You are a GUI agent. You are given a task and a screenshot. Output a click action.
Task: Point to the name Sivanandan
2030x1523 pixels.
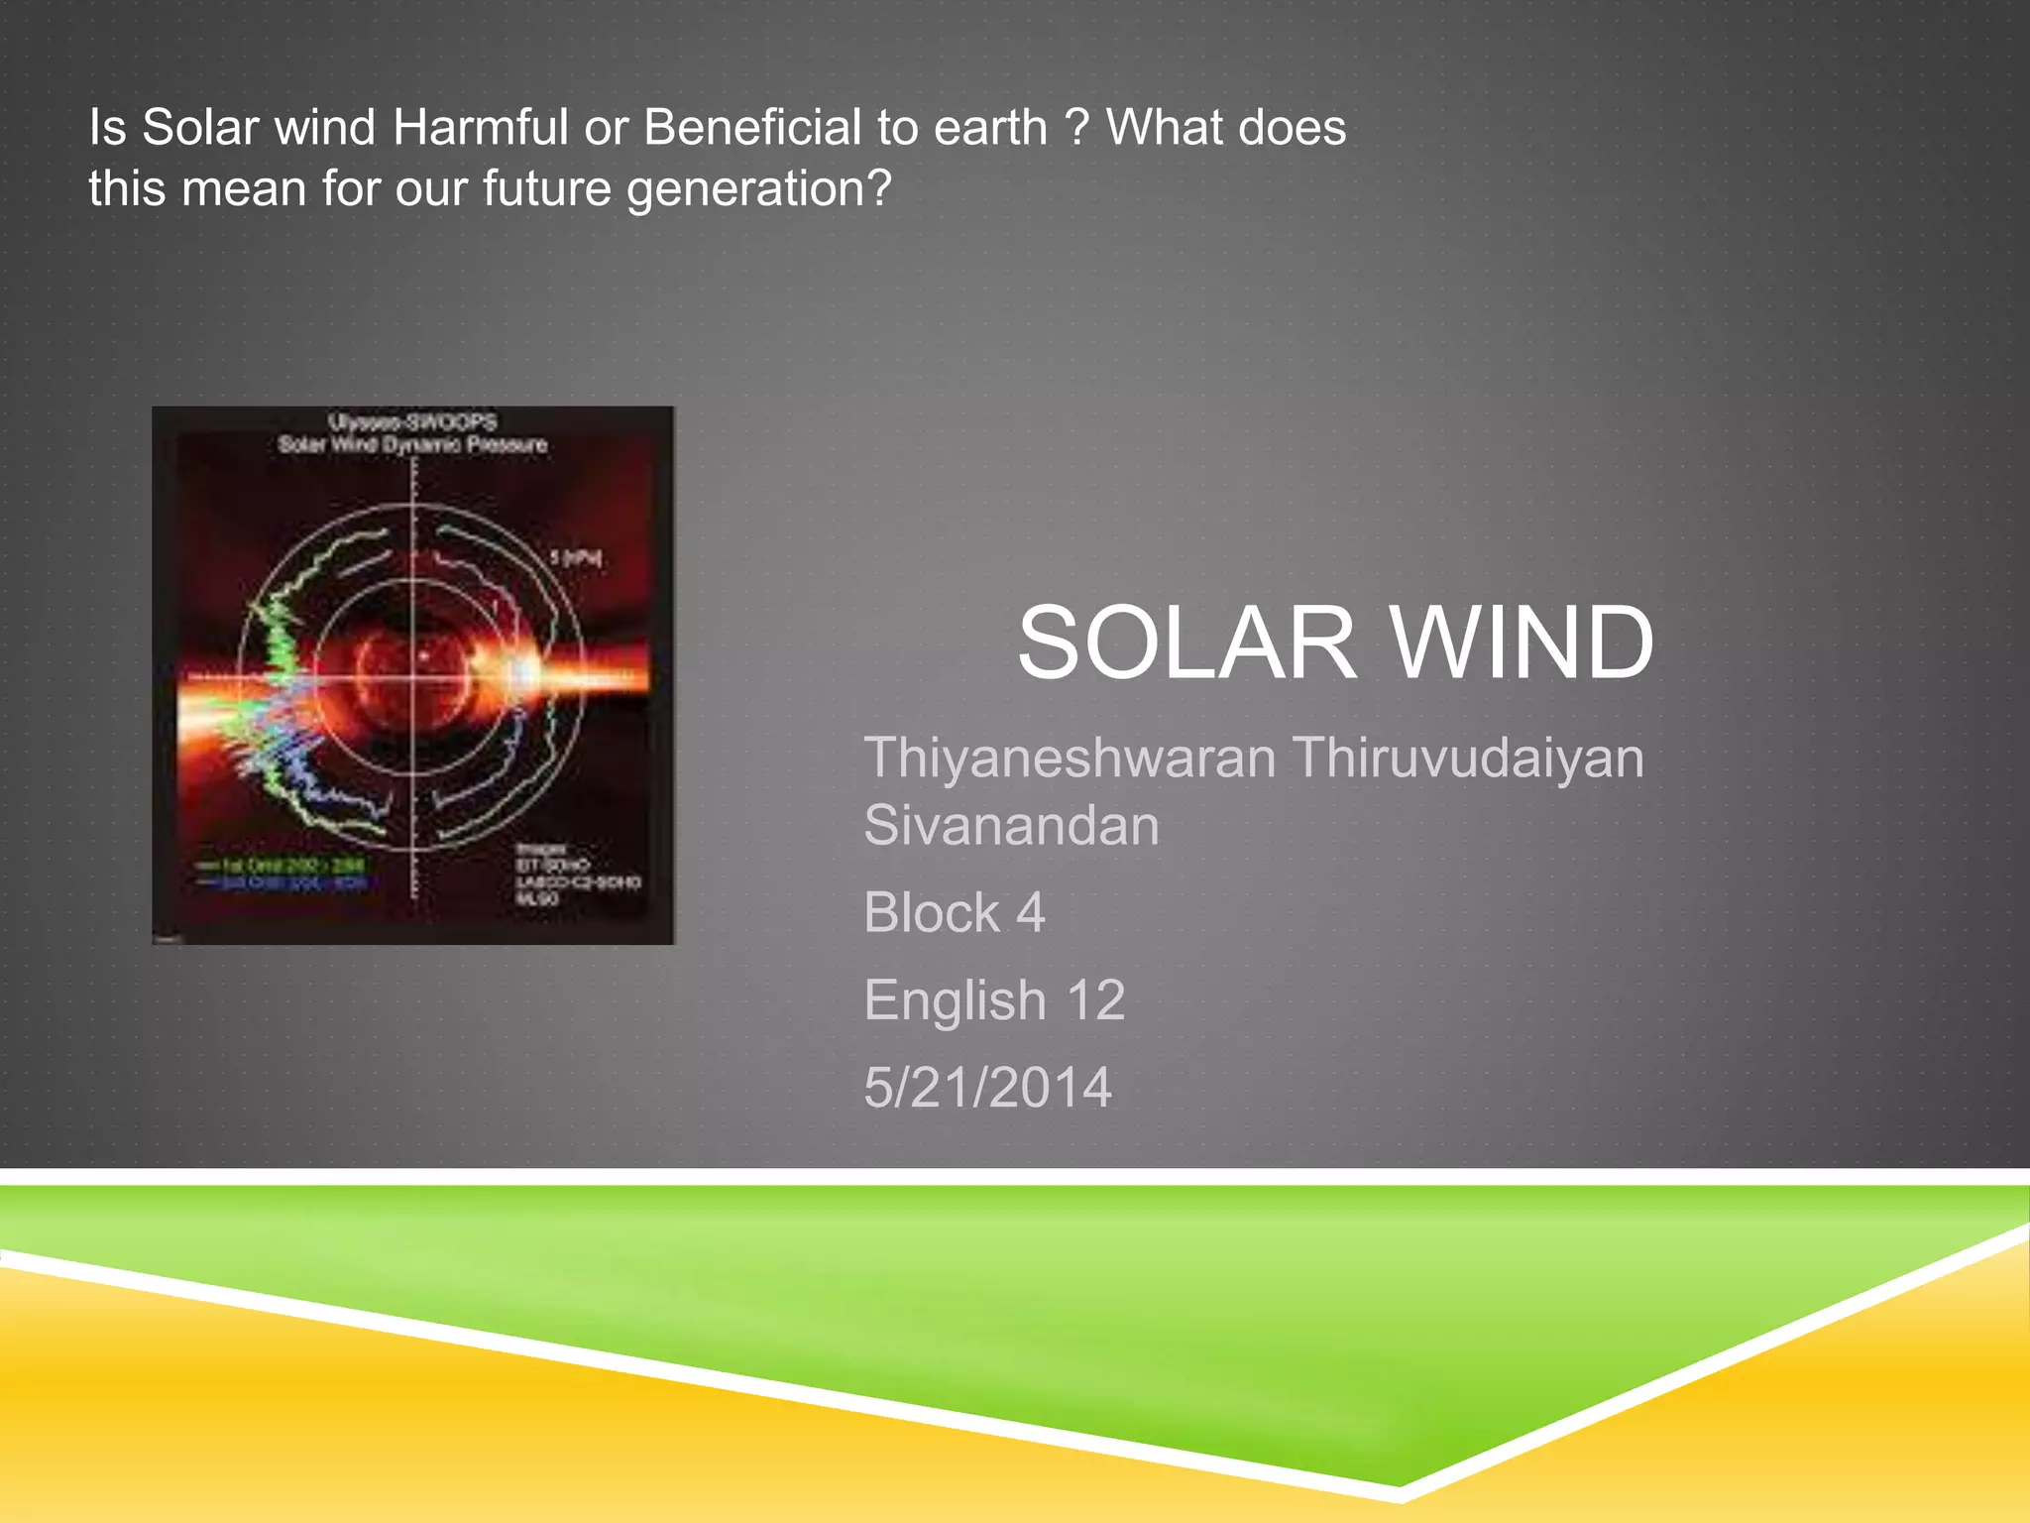pyautogui.click(x=1011, y=826)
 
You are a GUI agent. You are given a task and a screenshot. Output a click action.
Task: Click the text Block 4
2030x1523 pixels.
pyautogui.click(x=954, y=912)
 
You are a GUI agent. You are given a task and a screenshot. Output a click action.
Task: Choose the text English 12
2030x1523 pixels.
pyautogui.click(x=994, y=999)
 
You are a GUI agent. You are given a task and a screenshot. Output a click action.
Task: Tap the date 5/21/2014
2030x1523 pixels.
pyautogui.click(x=987, y=1087)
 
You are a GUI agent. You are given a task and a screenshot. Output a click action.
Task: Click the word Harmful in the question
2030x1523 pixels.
pyautogui.click(x=480, y=128)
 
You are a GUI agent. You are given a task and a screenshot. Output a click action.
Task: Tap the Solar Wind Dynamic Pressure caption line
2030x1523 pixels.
pyautogui.click(x=412, y=444)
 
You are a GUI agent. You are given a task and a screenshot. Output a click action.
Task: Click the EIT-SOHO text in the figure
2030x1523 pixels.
pyautogui.click(x=551, y=866)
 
